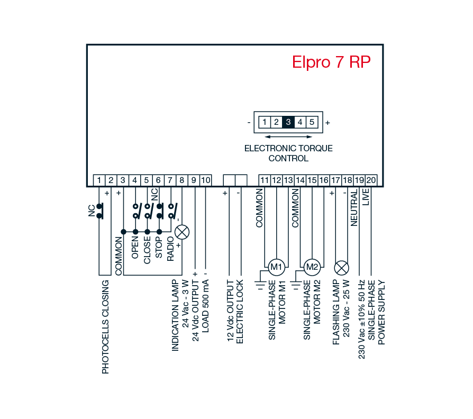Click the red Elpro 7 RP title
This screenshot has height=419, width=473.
click(x=331, y=62)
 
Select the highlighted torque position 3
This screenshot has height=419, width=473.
click(x=288, y=122)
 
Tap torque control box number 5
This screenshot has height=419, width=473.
click(x=312, y=122)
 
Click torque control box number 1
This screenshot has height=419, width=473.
click(x=264, y=122)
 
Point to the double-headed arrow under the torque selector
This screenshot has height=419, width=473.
click(x=288, y=136)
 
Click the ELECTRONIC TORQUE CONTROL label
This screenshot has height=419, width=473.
click(x=288, y=153)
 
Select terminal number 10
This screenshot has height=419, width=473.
click(x=206, y=180)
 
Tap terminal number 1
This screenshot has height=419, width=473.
click(x=99, y=180)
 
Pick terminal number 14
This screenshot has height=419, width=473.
click(x=301, y=180)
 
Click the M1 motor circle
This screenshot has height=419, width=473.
click(x=276, y=266)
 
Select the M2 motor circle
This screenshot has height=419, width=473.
click(x=312, y=266)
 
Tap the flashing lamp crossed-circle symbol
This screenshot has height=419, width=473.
click(x=342, y=266)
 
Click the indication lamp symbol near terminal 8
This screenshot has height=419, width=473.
click(x=183, y=232)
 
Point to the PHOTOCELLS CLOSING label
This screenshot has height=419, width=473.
click(x=105, y=327)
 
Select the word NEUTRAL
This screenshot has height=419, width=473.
click(x=354, y=209)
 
